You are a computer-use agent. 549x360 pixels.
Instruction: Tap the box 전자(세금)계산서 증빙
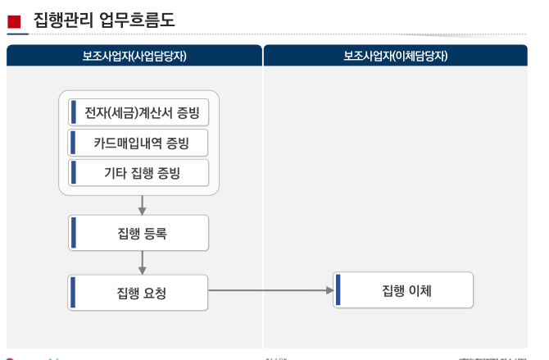(138, 112)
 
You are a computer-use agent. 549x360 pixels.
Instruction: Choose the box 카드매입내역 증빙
(138, 143)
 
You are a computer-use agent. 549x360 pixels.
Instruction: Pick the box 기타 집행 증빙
(138, 173)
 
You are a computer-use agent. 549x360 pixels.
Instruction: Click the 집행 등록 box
(138, 233)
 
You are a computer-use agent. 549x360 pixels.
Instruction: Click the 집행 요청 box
(138, 293)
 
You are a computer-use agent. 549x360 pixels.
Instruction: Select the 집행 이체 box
(404, 290)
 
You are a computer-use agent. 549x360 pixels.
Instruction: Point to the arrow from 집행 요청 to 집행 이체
(270, 290)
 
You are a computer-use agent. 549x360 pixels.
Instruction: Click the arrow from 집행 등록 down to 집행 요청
(143, 262)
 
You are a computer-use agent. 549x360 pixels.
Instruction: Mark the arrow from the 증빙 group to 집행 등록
(143, 205)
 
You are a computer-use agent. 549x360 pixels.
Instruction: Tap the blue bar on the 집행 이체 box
(338, 290)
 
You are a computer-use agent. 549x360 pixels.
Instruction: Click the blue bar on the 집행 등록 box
(74, 233)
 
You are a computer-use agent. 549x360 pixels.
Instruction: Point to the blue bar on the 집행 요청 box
(74, 293)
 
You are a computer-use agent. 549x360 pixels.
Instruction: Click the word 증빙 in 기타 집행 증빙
(169, 173)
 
